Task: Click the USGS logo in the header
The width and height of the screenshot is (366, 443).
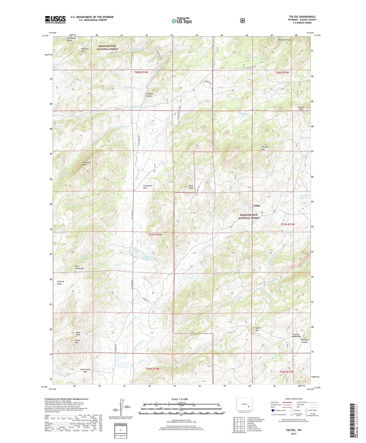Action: pos(55,20)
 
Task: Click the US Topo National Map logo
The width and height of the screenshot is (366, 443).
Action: pos(181,21)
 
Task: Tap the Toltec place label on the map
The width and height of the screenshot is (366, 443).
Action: pos(257,206)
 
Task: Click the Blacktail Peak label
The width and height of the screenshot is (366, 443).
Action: pos(284,40)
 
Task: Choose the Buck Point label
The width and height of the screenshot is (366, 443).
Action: pos(191,187)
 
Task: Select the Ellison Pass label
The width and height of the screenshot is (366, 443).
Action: pos(300,108)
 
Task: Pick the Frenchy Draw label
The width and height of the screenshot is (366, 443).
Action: pos(61,283)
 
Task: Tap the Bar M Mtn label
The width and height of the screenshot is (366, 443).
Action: pos(258,329)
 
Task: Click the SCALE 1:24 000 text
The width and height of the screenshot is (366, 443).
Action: pos(180,399)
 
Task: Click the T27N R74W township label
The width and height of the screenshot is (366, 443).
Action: pos(155,235)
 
